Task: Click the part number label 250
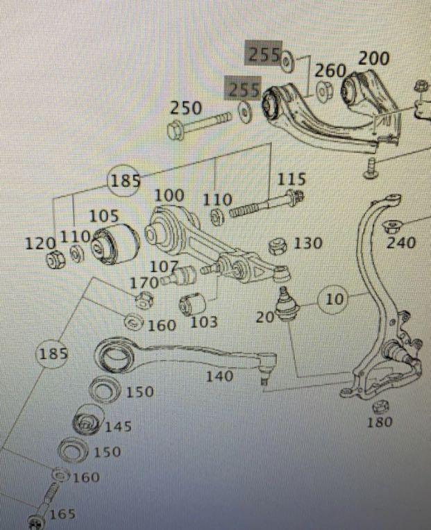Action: (186, 108)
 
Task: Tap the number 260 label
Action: (330, 71)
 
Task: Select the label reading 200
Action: (373, 58)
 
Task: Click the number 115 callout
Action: (291, 180)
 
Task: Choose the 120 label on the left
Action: (40, 243)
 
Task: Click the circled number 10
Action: (335, 299)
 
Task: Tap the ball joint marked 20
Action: (282, 304)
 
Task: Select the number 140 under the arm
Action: (219, 376)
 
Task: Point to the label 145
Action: (117, 427)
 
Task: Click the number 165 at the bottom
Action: (62, 514)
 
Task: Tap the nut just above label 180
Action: (379, 406)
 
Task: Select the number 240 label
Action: (401, 243)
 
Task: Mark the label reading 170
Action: (144, 283)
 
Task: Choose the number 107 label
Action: (164, 267)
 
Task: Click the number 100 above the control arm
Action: (169, 196)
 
